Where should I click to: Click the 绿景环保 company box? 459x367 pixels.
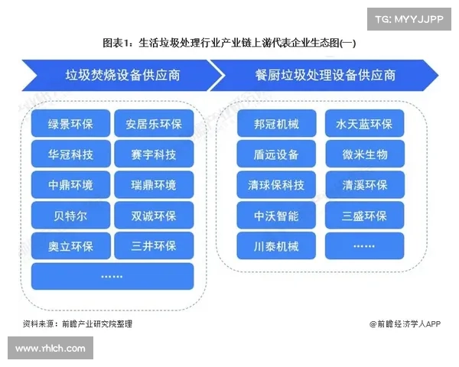[x=70, y=124]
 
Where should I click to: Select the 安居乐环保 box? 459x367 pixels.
[x=154, y=124]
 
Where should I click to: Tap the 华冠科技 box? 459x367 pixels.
[x=70, y=154]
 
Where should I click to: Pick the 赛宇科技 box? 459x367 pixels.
[x=154, y=154]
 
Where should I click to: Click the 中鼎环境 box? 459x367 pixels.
[x=70, y=185]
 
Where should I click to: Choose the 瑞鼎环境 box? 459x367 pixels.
[x=154, y=185]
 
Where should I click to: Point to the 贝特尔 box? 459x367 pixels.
[x=70, y=216]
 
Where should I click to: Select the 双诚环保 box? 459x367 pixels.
[x=154, y=216]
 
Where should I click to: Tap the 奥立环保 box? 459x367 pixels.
[x=70, y=246]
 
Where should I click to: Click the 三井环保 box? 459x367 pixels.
[x=154, y=246]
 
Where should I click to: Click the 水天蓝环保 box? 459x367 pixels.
[x=365, y=124]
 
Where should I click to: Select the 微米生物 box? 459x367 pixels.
[x=365, y=154]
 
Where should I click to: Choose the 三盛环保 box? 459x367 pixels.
[x=365, y=216]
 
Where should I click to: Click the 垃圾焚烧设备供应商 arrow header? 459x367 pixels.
[x=122, y=75]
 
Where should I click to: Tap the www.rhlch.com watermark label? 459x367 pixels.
[x=50, y=349]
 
